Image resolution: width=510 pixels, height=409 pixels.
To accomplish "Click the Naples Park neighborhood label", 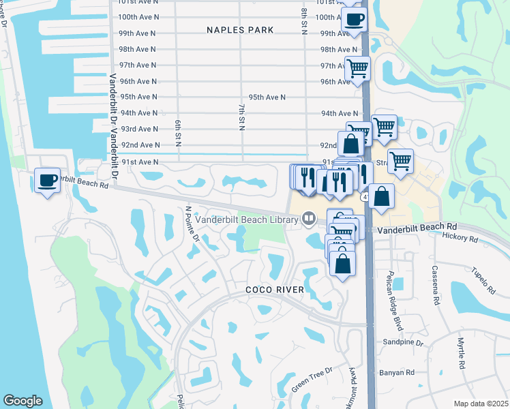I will coord(241,30).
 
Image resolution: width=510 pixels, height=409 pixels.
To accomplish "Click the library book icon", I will coord(309,219).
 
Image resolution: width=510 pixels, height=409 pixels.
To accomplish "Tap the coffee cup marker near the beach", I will coord(47,181).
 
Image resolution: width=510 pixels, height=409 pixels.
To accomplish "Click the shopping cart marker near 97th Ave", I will coord(357,68).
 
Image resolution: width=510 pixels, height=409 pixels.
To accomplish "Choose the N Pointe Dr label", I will coord(192,226).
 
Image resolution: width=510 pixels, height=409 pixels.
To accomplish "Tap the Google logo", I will coord(23,401).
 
